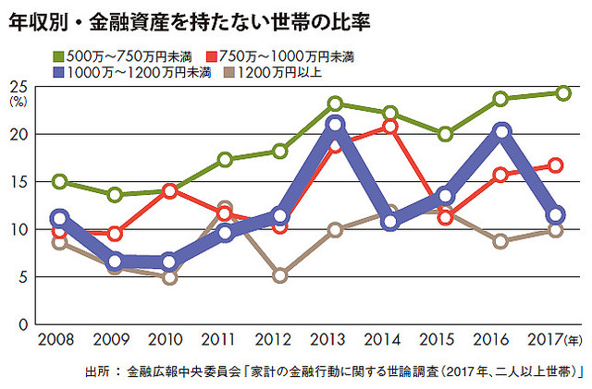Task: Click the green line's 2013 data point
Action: click(335, 104)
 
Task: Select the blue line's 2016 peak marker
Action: click(501, 132)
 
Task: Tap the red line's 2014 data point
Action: click(389, 126)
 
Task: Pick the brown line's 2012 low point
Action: click(280, 275)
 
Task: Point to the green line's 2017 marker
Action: click(563, 92)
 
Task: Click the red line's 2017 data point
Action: click(556, 165)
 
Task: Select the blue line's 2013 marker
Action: click(335, 125)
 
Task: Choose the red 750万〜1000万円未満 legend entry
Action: click(302, 55)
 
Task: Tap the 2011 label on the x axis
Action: click(225, 341)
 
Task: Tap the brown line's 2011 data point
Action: click(225, 209)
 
